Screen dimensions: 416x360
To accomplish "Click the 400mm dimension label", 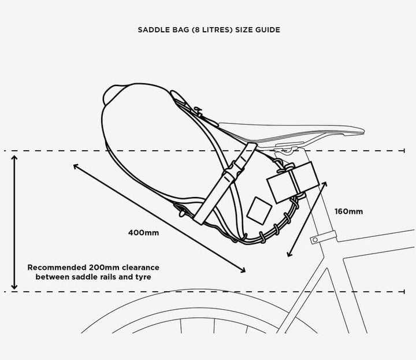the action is (x=143, y=233).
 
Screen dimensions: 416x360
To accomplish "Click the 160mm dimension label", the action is (x=348, y=211).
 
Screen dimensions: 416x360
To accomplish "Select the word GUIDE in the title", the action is (x=268, y=29).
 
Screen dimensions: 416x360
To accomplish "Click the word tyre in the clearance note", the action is (x=143, y=277).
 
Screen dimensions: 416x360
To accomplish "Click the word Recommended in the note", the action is (x=57, y=267).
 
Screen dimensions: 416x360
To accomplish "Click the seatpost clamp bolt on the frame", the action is (x=315, y=240).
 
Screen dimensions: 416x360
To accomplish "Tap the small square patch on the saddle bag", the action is (x=259, y=210).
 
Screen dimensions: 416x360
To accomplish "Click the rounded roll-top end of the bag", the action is (x=112, y=94).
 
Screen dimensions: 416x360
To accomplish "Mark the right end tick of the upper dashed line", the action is (x=404, y=151).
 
